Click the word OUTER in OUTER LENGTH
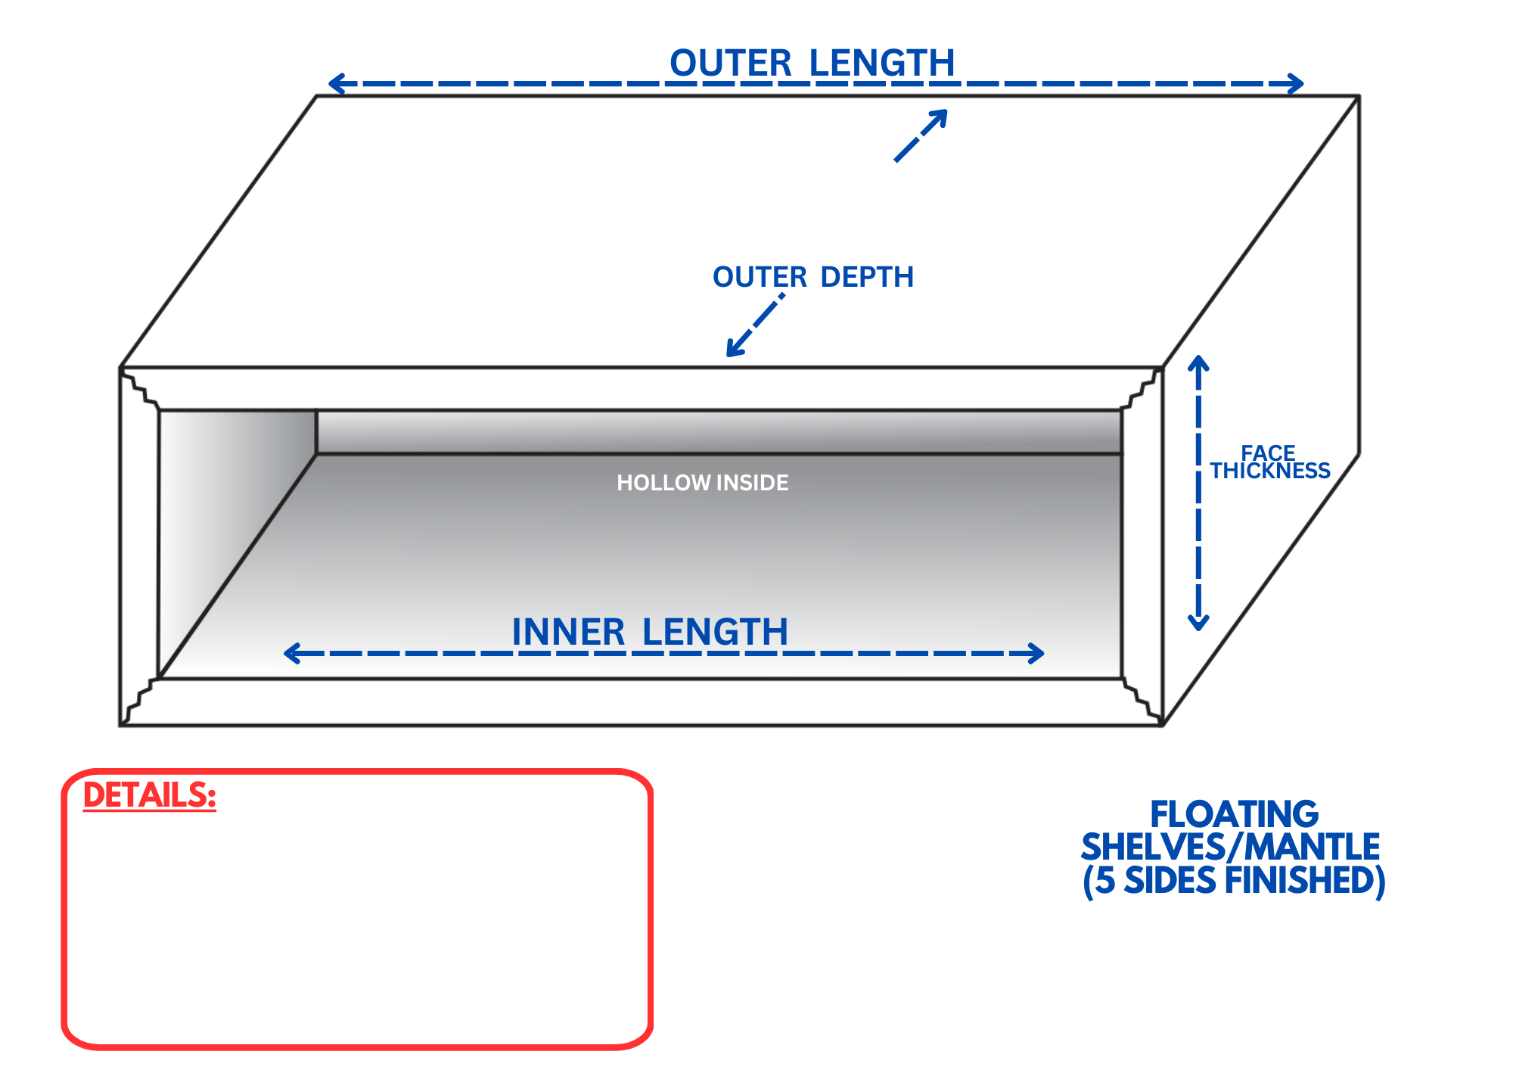(730, 64)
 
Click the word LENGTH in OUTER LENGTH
(882, 64)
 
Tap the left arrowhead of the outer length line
(336, 83)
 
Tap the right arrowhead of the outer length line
(1297, 83)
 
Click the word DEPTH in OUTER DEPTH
(867, 278)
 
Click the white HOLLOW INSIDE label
(702, 483)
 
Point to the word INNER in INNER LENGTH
(568, 633)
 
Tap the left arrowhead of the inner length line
(291, 653)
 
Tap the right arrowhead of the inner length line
(1037, 653)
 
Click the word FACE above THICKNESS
(1268, 453)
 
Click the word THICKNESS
(1270, 471)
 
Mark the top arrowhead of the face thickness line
(1198, 362)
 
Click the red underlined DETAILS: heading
(150, 795)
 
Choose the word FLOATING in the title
(1234, 815)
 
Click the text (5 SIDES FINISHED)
(1234, 881)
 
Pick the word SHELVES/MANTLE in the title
(1231, 848)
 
